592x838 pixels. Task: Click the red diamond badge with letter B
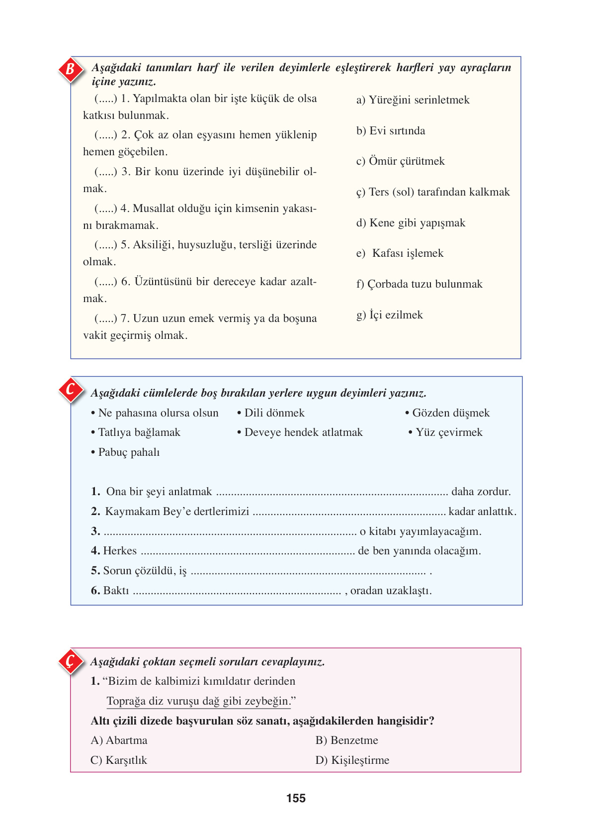pos(71,69)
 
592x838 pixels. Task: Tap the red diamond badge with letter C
pos(71,390)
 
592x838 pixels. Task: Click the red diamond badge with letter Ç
pos(71,661)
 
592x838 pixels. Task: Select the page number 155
pos(296,799)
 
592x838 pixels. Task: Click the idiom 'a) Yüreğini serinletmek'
pos(413,100)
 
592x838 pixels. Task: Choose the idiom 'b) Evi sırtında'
pos(391,131)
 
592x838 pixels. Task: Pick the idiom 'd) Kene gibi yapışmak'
pos(411,223)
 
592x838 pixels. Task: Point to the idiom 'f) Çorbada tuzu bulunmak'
pos(419,284)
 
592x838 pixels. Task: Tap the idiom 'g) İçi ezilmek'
pos(390,315)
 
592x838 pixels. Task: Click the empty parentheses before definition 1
pos(105,99)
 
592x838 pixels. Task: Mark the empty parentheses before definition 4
pos(105,209)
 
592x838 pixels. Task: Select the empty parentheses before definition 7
pos(105,318)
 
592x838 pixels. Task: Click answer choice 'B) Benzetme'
pos(346,740)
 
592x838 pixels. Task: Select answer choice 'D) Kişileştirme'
pos(352,760)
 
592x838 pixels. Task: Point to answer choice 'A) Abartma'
pos(119,740)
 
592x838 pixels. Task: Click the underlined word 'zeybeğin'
pos(267,701)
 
